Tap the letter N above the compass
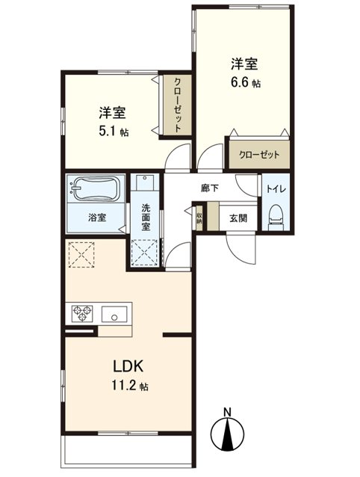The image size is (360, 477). click(x=227, y=412)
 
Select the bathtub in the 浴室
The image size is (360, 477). click(x=95, y=189)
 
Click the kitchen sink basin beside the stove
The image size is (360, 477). click(x=114, y=313)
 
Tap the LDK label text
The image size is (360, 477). click(x=128, y=366)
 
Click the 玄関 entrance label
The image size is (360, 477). click(x=238, y=218)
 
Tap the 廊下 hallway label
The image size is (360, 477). click(x=210, y=188)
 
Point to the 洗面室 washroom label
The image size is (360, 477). click(x=146, y=218)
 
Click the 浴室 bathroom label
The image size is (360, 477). click(x=97, y=218)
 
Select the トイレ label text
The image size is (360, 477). click(x=276, y=188)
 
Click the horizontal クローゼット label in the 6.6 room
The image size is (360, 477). click(x=259, y=155)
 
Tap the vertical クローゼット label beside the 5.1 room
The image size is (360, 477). click(x=178, y=105)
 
